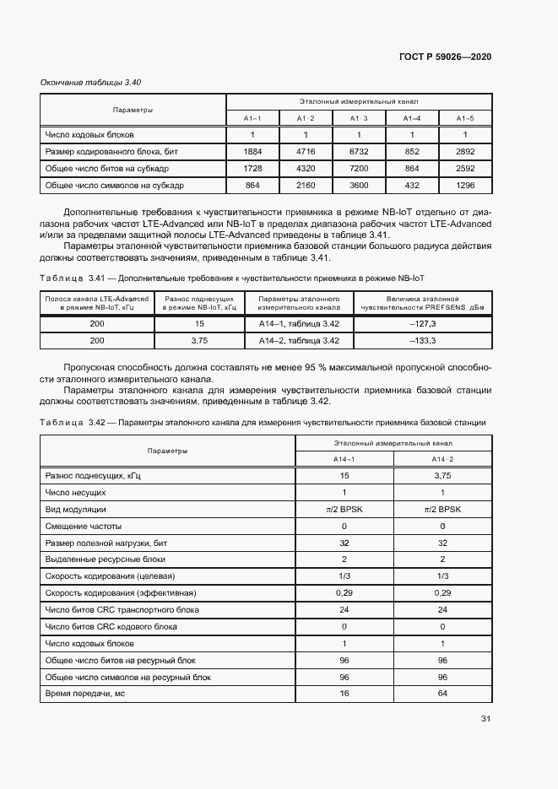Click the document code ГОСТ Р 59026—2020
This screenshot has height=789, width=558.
click(445, 57)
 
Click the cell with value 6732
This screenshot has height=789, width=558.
click(359, 152)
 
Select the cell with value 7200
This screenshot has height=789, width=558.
click(359, 168)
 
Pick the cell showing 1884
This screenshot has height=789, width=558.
click(252, 152)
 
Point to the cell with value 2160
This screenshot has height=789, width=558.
click(306, 184)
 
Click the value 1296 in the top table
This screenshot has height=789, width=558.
click(465, 184)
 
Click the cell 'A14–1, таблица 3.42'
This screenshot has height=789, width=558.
click(298, 323)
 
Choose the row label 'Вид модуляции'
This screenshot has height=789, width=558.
click(75, 510)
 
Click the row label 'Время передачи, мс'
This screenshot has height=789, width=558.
click(84, 694)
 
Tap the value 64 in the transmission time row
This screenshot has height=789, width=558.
click(442, 694)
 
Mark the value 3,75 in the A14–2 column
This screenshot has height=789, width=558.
click(442, 477)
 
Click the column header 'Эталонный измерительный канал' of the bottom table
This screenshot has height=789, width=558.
click(393, 443)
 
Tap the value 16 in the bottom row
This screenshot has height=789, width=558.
click(344, 694)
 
